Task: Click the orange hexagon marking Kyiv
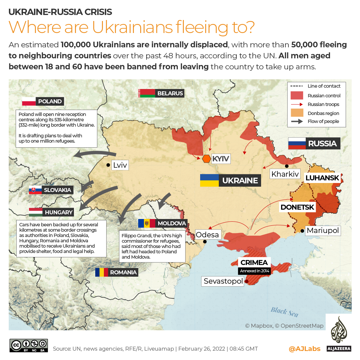(206, 159)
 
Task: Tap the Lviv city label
(120, 165)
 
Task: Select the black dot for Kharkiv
(286, 166)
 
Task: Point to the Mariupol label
(322, 231)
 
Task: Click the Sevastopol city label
(223, 281)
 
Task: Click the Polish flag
(29, 101)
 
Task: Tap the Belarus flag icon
(147, 93)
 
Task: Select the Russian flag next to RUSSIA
(296, 143)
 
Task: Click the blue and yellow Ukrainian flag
(209, 180)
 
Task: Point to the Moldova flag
(147, 223)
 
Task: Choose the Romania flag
(102, 272)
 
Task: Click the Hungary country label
(59, 212)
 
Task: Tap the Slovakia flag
(35, 190)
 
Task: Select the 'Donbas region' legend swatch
(297, 113)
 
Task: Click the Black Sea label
(284, 312)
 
